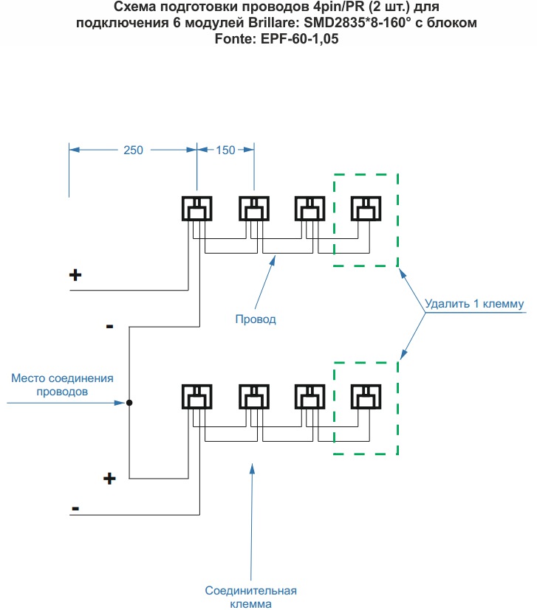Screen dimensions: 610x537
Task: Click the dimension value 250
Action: (x=133, y=150)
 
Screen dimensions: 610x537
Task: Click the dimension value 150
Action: (x=225, y=150)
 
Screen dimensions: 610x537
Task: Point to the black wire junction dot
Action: (x=129, y=403)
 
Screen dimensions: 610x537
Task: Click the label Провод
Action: (x=256, y=319)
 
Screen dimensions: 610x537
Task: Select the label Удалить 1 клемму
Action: (x=474, y=303)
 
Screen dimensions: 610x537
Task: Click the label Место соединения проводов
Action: (x=62, y=385)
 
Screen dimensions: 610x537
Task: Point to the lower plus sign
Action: (x=109, y=478)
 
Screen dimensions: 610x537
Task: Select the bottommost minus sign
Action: (x=75, y=508)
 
